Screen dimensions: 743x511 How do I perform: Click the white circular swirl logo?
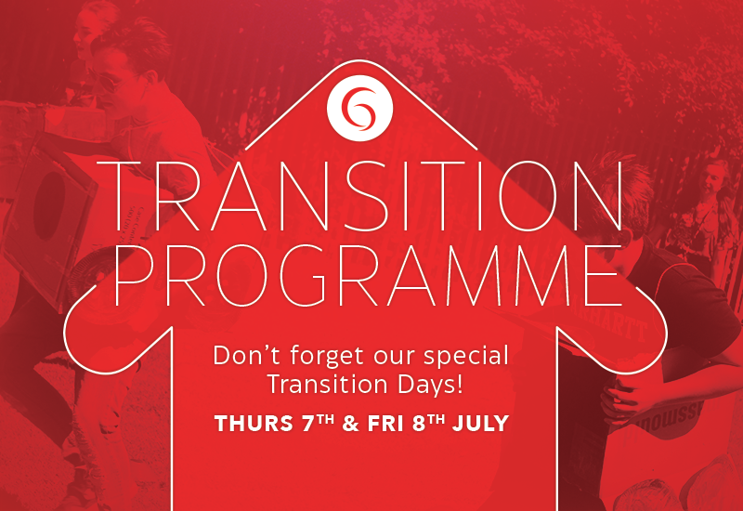point(359,108)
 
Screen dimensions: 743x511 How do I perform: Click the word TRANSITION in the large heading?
point(358,196)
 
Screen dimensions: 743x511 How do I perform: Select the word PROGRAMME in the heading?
point(367,275)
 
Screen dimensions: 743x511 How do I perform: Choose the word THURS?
point(253,424)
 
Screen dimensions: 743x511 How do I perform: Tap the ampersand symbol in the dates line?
point(350,424)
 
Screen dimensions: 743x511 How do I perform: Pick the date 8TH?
point(428,423)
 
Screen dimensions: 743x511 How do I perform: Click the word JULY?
point(480,424)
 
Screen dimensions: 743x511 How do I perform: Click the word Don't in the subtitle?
point(248,356)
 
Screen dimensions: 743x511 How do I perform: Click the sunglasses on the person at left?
point(108,82)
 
